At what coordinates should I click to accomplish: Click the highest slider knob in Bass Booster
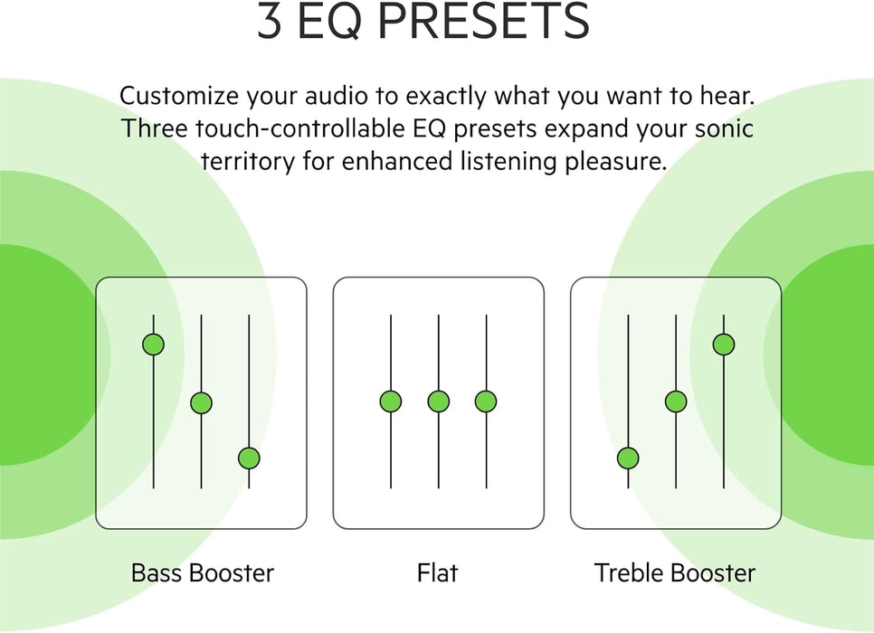click(x=153, y=345)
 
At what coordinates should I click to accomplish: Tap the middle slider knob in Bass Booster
click(x=201, y=402)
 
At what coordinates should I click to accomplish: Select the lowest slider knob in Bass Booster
click(x=249, y=458)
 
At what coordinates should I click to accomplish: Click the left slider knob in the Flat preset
click(x=391, y=402)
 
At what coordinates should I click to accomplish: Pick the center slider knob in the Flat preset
click(x=439, y=402)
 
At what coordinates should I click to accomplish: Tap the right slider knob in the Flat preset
click(x=486, y=402)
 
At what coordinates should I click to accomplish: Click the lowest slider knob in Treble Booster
click(x=628, y=458)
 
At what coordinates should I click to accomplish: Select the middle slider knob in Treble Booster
click(x=676, y=402)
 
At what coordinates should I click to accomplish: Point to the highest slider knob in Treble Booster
click(x=724, y=345)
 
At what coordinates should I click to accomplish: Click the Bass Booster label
click(x=203, y=572)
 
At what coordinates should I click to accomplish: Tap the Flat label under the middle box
click(x=438, y=572)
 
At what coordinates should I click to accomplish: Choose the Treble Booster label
click(x=675, y=572)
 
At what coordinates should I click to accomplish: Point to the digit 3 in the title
click(x=270, y=20)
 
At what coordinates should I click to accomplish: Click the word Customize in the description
click(x=179, y=97)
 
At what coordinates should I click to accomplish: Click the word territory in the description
click(x=248, y=163)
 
